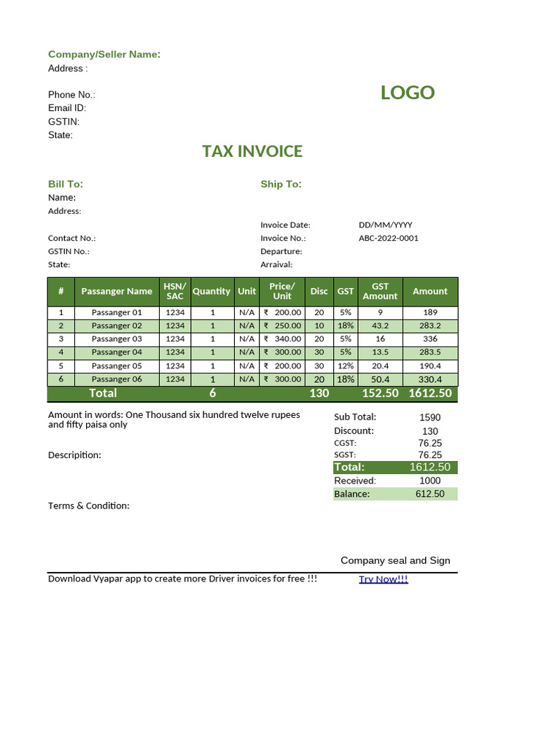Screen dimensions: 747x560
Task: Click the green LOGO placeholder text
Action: [x=407, y=93]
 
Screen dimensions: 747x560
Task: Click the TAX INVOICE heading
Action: [x=252, y=151]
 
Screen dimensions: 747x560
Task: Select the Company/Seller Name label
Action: [x=104, y=55]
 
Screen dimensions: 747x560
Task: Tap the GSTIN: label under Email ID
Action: [x=64, y=122]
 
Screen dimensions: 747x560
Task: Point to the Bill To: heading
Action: [x=66, y=184]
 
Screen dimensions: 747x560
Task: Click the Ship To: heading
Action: [x=281, y=184]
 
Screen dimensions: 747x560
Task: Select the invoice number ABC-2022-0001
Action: [x=389, y=238]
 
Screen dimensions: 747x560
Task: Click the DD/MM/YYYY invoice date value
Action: [x=385, y=225]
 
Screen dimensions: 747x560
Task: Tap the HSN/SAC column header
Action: [x=175, y=291]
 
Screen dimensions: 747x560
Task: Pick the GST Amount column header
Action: [x=380, y=291]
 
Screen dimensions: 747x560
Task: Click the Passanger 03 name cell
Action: [x=117, y=339]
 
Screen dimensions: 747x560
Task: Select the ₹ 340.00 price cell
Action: [x=282, y=339]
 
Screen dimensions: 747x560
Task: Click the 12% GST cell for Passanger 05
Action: [x=346, y=366]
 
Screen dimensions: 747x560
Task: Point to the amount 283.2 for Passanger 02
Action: [x=430, y=326]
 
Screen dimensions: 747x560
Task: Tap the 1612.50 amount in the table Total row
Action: [x=430, y=393]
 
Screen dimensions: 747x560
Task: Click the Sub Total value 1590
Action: [x=430, y=417]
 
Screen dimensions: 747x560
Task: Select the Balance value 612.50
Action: [x=430, y=494]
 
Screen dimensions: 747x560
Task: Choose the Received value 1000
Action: [x=430, y=481]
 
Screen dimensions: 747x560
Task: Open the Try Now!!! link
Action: [x=384, y=579]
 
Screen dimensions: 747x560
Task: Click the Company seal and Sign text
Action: [x=395, y=560]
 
